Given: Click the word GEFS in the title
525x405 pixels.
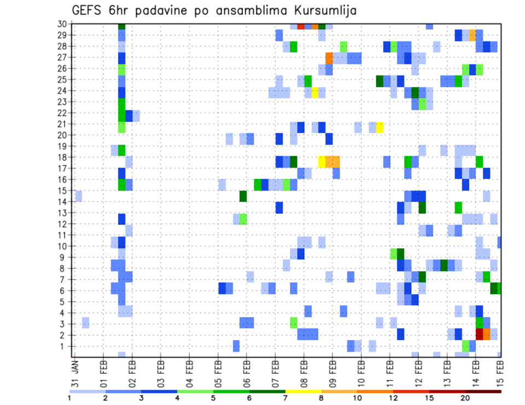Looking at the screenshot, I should (x=89, y=10).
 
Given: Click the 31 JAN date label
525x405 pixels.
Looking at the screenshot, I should (x=75, y=371).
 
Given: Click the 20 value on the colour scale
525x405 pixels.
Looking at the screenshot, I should (x=465, y=398).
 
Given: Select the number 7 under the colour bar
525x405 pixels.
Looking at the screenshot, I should (x=285, y=398).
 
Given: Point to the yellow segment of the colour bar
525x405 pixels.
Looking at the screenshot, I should (x=303, y=391).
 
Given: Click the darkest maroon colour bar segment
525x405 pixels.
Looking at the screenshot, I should (x=483, y=391).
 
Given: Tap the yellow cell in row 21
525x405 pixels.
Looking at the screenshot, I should (x=380, y=127).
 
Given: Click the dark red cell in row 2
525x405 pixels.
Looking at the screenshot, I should (x=480, y=333).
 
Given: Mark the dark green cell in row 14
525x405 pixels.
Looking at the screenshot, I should (x=243, y=196).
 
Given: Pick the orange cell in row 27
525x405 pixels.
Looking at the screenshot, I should (x=329, y=57).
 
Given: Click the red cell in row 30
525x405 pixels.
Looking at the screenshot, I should (x=301, y=26).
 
